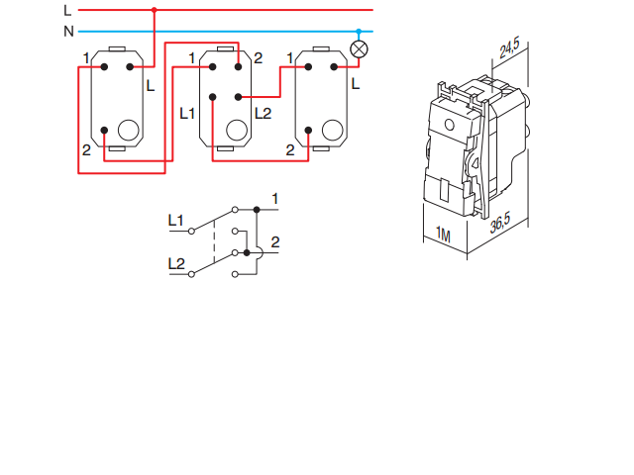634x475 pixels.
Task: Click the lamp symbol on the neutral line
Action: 360,49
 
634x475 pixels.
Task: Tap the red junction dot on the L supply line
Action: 154,10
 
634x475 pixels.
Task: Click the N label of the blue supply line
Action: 68,31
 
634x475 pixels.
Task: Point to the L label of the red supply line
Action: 67,10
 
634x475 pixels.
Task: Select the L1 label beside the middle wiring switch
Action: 188,113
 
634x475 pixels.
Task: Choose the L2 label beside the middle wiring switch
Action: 263,113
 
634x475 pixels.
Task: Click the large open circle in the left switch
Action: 128,130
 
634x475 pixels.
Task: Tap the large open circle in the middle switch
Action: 236,130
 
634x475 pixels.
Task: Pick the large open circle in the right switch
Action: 334,130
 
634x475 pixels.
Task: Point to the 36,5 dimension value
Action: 500,224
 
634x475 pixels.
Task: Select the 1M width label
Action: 442,237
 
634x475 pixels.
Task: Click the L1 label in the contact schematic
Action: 175,220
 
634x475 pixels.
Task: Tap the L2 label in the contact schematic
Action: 175,263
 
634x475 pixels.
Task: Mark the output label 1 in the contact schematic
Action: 274,200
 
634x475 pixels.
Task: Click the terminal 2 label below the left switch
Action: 86,149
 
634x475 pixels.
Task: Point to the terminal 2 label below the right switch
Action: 289,150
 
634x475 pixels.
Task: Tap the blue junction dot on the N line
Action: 360,31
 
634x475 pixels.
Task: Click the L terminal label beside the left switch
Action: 150,86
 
